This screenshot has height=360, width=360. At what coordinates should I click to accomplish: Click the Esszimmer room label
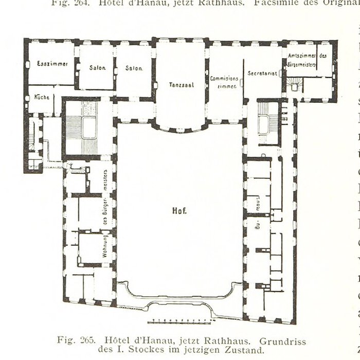pos(49,64)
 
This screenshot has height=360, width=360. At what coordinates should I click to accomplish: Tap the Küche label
pos(42,97)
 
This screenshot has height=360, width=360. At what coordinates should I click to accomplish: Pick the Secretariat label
pos(262,74)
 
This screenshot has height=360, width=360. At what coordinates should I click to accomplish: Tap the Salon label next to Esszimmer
pos(97,68)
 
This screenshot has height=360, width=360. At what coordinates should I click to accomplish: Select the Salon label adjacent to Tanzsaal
pos(134,68)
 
